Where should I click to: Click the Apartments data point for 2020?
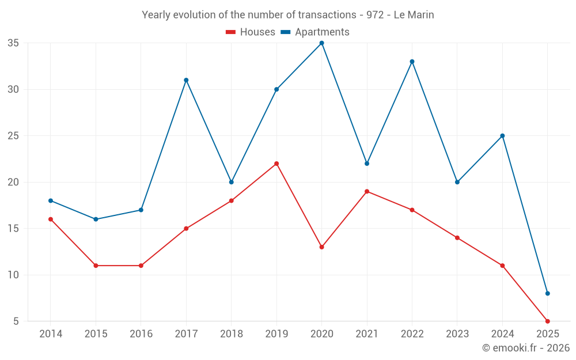pos(321,43)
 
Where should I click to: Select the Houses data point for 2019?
pos(276,164)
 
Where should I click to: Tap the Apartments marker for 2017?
pos(186,80)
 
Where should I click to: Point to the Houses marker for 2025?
pos(547,321)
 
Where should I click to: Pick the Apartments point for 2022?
pos(412,62)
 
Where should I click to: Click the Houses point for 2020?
pos(321,247)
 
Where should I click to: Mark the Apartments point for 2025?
pos(547,293)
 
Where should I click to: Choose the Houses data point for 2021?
pos(367,191)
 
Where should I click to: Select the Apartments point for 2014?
pos(51,200)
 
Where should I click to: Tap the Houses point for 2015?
pos(96,266)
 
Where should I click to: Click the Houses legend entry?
pos(251,32)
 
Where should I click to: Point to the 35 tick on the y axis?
pos(13,43)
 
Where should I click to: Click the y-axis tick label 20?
pos(13,182)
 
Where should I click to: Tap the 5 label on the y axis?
pos(16,321)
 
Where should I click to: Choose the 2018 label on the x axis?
pos(231,334)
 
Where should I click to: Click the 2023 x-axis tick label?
pos(457,334)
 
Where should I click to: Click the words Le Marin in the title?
pos(414,15)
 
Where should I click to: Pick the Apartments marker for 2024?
pos(502,136)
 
